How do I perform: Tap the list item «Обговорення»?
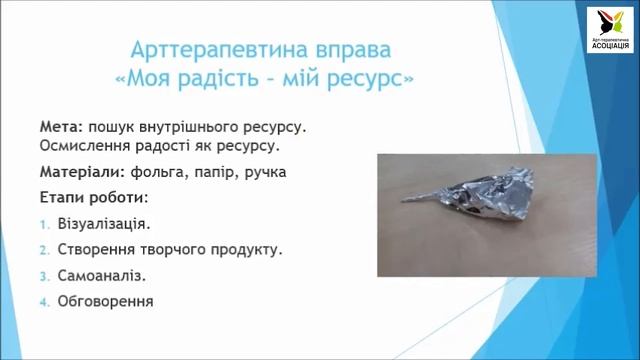point(107,299)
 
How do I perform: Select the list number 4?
point(44,300)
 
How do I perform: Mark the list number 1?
point(44,225)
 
